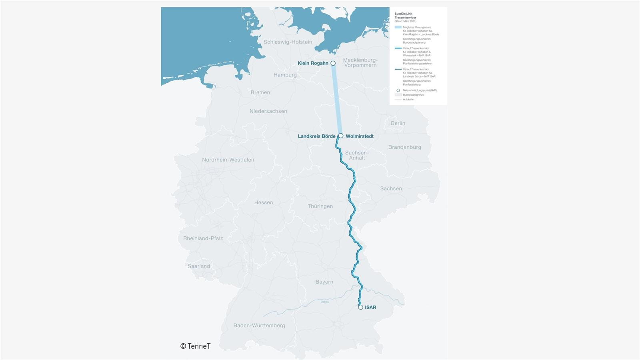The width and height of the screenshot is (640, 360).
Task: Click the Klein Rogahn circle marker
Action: (x=333, y=63)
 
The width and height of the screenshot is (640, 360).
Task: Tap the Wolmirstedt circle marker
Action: (x=341, y=136)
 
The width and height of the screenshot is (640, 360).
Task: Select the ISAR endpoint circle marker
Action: (x=360, y=307)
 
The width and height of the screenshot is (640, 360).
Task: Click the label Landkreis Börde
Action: (x=316, y=136)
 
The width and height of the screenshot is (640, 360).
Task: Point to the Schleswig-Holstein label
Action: (x=288, y=42)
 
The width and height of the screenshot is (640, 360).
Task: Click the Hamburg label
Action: (x=285, y=75)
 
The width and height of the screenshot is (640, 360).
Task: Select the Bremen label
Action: (x=260, y=92)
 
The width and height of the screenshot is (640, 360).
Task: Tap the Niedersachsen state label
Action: (x=268, y=111)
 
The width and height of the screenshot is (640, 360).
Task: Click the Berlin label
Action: (x=398, y=123)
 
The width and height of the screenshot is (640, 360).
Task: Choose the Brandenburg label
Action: (x=404, y=147)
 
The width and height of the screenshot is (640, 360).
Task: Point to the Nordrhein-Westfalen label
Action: (x=228, y=160)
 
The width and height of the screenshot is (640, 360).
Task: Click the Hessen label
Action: (x=264, y=202)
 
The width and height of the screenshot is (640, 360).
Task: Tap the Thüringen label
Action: (x=320, y=206)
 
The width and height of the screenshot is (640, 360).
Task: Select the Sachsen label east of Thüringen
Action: (x=391, y=188)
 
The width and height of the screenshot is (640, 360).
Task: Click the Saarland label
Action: (x=199, y=266)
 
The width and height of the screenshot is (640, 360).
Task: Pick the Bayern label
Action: (x=324, y=282)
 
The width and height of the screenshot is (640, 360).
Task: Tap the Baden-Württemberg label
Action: (x=259, y=326)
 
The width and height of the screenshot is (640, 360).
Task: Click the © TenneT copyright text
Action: (x=195, y=346)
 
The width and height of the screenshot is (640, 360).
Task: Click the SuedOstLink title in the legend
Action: (x=403, y=14)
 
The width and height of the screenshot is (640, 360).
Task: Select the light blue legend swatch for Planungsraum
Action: (x=398, y=27)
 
